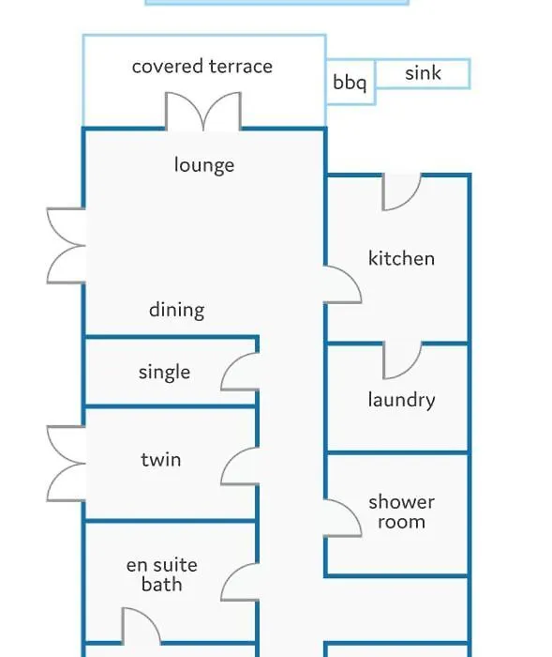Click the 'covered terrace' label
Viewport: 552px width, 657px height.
tap(202, 67)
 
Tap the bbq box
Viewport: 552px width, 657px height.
tap(351, 83)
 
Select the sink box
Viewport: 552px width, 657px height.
tap(423, 74)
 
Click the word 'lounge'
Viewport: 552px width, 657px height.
tap(204, 165)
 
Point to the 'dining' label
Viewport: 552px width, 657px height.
tap(176, 311)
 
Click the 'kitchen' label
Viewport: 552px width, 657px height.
tap(401, 258)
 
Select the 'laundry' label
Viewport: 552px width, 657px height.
tap(401, 399)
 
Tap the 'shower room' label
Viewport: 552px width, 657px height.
tap(401, 512)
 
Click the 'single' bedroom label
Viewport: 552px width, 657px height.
tap(164, 372)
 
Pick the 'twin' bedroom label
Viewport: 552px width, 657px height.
tap(161, 460)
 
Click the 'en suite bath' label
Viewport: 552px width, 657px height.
tap(162, 574)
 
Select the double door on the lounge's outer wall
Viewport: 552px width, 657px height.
tap(66, 246)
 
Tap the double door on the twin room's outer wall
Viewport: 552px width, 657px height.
tap(66, 464)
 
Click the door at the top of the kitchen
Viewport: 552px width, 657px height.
tap(402, 192)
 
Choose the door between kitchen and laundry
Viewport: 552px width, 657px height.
tap(402, 360)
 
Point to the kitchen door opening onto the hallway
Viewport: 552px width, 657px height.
tap(342, 284)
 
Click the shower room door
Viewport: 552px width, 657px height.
tap(342, 518)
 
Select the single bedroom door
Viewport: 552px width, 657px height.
tap(240, 372)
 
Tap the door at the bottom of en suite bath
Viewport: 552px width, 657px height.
tap(141, 626)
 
